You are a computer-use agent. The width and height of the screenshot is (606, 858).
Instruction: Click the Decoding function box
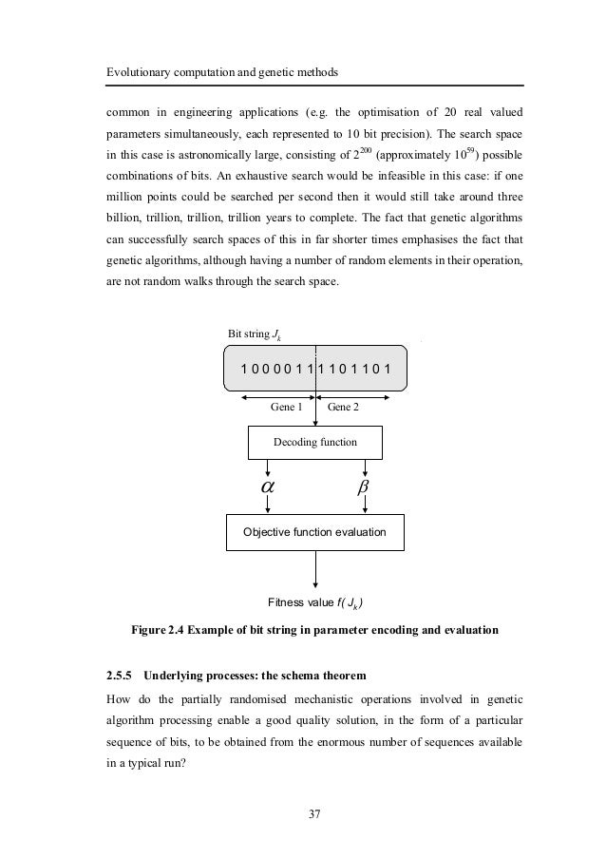[314, 442]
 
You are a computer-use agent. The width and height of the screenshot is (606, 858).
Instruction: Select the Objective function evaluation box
[314, 532]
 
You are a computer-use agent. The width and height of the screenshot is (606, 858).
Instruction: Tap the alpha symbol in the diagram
[268, 486]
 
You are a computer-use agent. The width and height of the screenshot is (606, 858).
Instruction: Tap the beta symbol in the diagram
[364, 486]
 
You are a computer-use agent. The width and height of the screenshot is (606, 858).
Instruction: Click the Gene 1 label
[286, 406]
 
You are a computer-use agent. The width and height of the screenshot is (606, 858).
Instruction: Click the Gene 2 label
[343, 406]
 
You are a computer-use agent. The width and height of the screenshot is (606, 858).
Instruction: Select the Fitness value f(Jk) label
[316, 602]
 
